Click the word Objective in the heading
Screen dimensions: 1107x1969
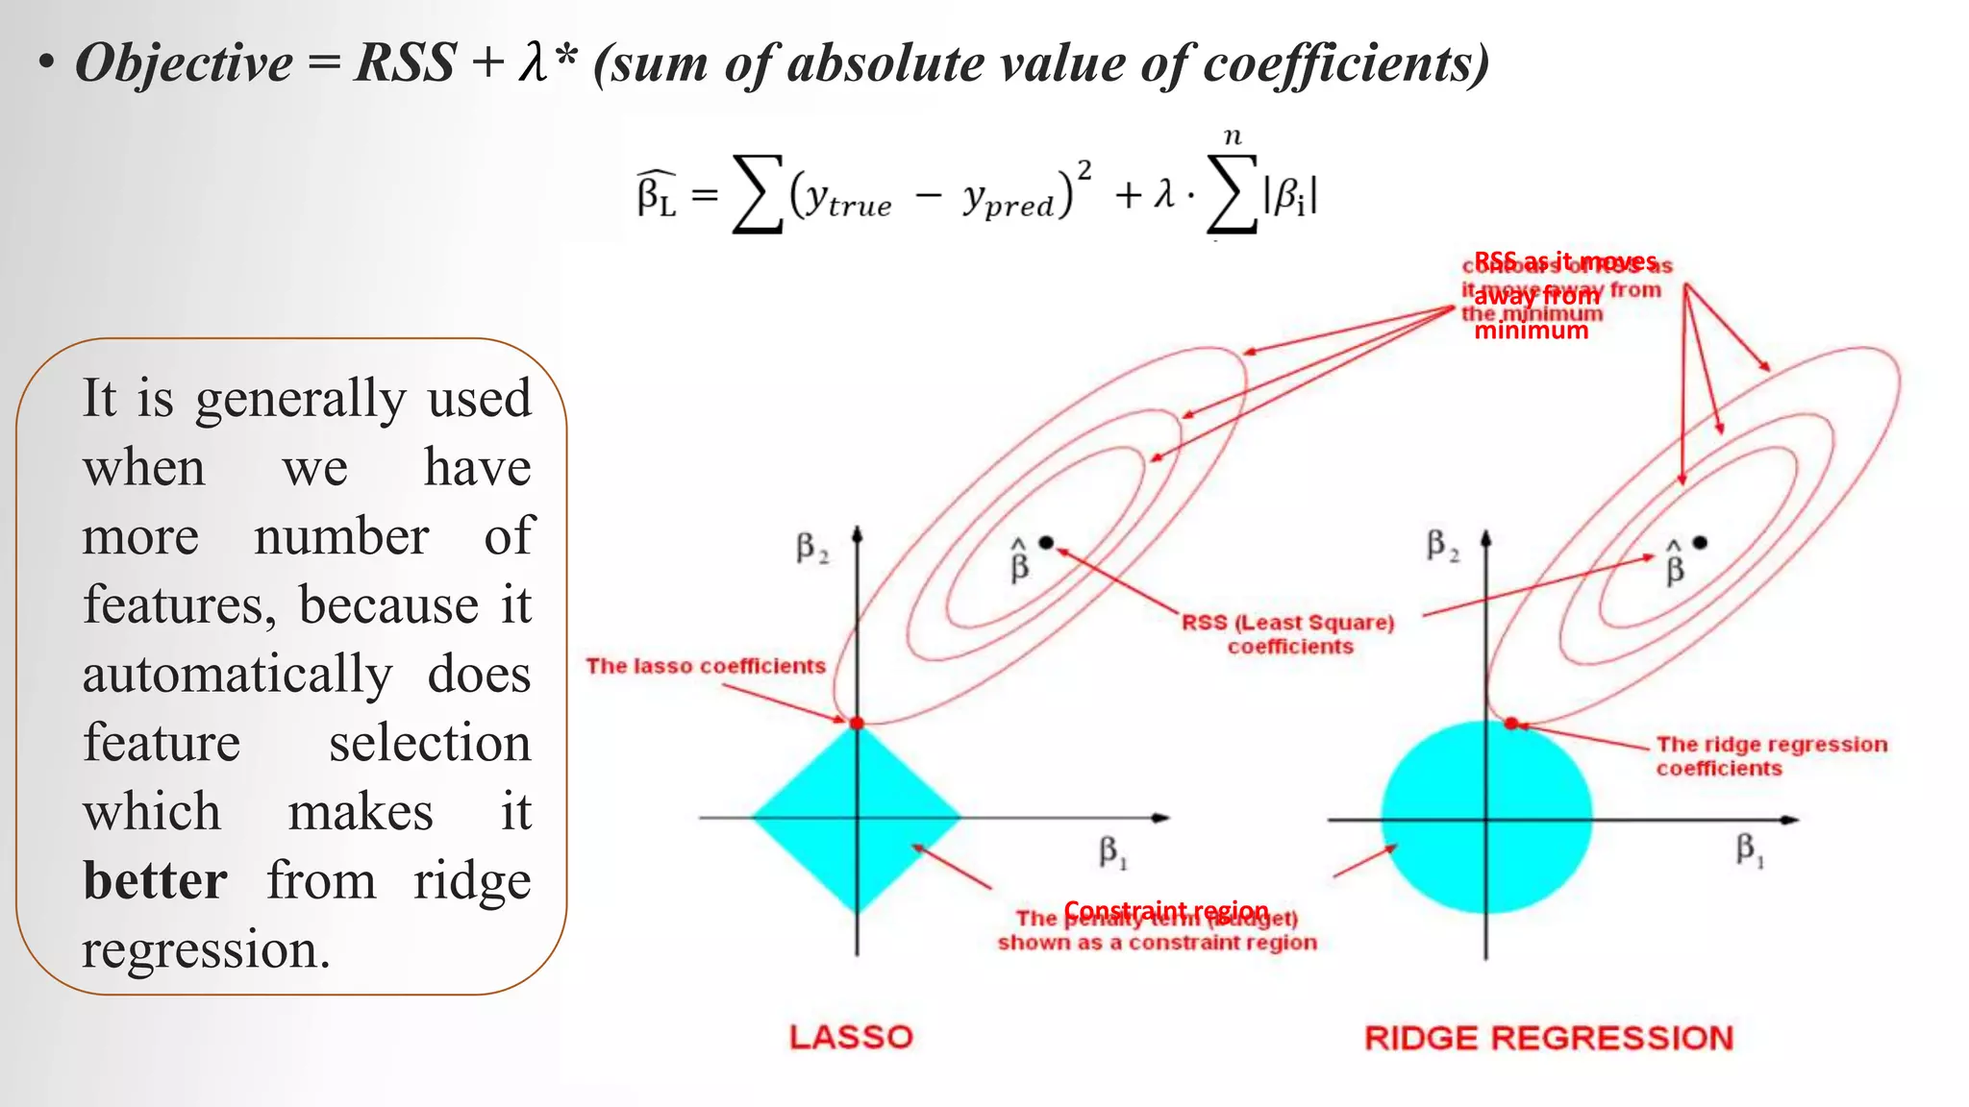184,64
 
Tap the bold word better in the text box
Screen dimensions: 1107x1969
155,880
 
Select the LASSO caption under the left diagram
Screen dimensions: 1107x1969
851,1037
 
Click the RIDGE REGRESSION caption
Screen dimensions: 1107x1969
1549,1038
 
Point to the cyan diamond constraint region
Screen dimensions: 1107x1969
856,817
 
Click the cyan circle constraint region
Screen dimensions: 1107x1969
1486,817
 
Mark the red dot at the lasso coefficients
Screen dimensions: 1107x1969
857,723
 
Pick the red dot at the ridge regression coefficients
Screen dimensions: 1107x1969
1511,723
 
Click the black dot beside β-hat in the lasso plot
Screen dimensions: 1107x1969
1047,543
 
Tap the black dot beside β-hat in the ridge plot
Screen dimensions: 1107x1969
1700,543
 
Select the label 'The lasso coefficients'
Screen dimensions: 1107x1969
706,666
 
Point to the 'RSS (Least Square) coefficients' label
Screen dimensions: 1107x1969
1288,634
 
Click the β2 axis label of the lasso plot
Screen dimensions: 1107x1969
811,549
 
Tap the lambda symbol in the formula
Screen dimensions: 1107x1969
1164,195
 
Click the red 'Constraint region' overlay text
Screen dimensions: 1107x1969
1166,910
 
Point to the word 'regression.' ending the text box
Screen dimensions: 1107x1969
206,949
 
